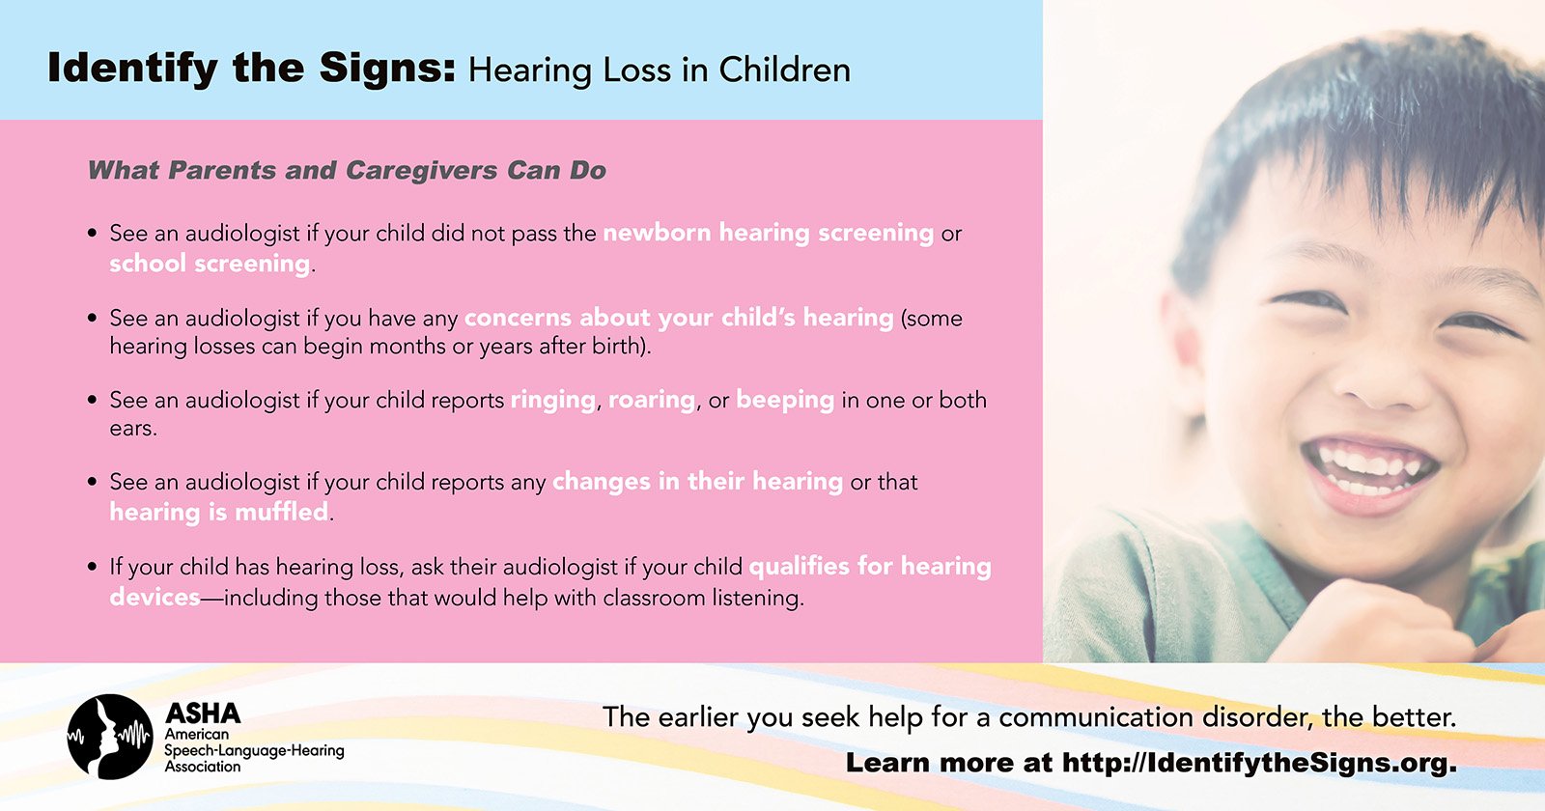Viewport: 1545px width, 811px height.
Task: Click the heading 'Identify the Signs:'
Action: point(251,69)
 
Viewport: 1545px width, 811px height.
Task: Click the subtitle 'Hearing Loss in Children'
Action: point(660,70)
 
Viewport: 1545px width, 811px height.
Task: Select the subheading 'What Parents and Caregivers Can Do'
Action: point(347,170)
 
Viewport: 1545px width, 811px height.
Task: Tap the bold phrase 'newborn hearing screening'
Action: point(769,234)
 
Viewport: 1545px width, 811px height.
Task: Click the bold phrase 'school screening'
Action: point(210,264)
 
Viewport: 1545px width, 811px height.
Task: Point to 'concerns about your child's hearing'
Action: point(679,318)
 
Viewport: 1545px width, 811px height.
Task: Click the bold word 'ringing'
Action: point(553,401)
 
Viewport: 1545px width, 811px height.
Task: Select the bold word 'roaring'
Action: point(652,401)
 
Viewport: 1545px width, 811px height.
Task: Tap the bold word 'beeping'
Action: point(785,401)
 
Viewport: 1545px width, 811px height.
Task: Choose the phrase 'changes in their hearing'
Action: point(697,482)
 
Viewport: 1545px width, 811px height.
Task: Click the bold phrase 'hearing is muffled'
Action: point(218,512)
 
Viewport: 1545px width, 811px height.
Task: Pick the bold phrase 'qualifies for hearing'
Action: point(870,567)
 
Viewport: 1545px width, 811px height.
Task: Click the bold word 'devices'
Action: point(154,597)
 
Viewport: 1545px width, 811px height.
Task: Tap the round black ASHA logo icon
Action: point(110,737)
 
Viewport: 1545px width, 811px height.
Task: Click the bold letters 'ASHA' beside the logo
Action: point(203,713)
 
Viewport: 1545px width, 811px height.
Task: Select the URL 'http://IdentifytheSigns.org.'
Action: point(1259,763)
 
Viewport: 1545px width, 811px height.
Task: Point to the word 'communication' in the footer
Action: point(1096,717)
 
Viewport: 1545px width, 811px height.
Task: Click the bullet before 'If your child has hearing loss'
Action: point(93,567)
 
